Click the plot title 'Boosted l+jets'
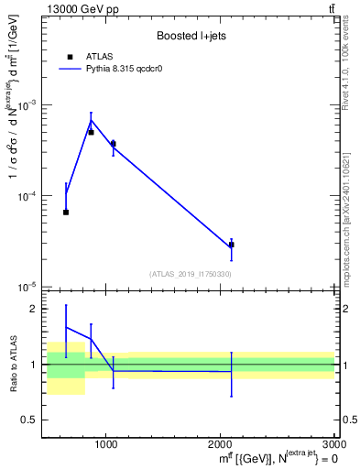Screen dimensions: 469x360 click(191, 36)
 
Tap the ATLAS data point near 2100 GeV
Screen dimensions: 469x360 click(231, 245)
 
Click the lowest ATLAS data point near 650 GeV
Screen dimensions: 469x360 click(66, 212)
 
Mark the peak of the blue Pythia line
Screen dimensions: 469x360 click(91, 120)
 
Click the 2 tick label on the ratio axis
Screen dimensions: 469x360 click(36, 310)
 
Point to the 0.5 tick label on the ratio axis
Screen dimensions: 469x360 click(32, 420)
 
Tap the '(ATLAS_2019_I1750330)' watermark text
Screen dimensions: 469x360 click(191, 274)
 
